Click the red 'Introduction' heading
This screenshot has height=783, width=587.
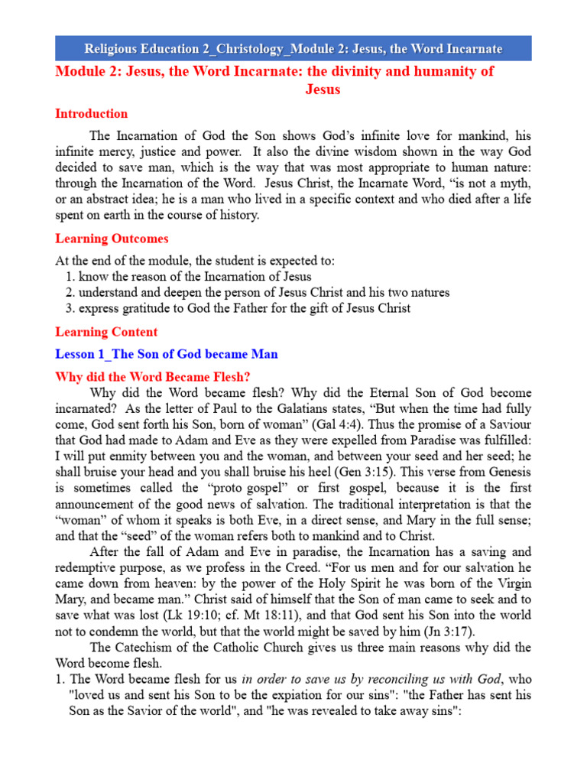(x=91, y=114)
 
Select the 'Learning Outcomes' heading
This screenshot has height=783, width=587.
(x=112, y=239)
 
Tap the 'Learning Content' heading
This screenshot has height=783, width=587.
(x=106, y=332)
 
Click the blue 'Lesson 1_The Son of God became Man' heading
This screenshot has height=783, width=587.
(x=166, y=354)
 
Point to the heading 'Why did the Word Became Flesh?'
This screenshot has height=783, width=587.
(x=153, y=377)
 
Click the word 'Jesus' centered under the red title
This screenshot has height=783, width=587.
(x=322, y=89)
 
